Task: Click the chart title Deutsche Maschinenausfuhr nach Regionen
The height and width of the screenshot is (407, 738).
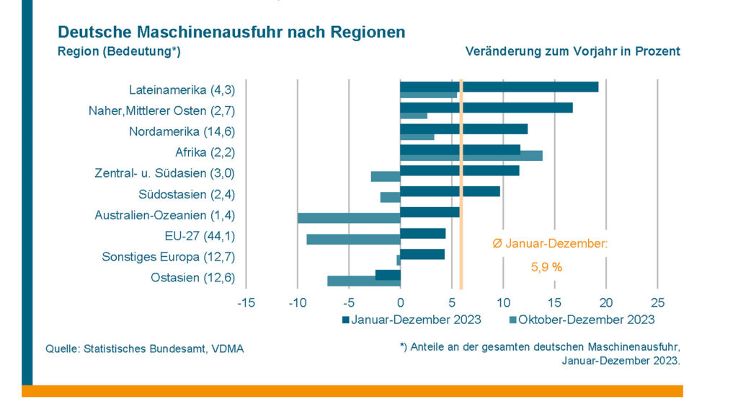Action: [x=231, y=32]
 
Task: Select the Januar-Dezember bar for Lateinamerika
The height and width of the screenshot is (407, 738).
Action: [x=499, y=87]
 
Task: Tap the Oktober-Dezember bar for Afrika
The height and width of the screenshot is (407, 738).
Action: [x=471, y=156]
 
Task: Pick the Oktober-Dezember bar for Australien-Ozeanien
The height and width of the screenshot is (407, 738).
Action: [x=349, y=218]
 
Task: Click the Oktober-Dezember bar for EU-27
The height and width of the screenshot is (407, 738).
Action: [x=353, y=240]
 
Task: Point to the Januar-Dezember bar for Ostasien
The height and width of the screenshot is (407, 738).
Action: [x=388, y=275]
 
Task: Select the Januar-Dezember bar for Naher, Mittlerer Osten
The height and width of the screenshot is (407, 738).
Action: [x=486, y=108]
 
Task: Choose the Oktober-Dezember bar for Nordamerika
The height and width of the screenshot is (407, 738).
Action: [x=417, y=137]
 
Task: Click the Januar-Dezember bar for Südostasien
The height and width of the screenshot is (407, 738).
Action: [x=450, y=191]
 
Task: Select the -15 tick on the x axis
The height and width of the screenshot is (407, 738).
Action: [x=246, y=303]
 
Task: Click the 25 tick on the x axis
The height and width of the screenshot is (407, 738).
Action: [x=657, y=303]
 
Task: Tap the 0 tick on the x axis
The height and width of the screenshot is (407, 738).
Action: [x=401, y=303]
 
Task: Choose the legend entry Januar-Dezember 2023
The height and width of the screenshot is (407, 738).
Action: [x=412, y=320]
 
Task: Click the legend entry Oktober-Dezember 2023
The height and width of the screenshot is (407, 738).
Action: [x=582, y=320]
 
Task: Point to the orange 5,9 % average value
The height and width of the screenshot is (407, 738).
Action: [x=546, y=268]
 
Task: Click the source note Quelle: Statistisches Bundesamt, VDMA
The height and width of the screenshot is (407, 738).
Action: [x=144, y=349]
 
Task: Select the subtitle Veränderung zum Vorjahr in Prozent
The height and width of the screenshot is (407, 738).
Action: [x=573, y=51]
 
